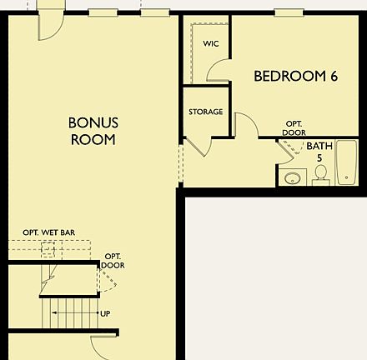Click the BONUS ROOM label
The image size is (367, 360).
tap(92, 131)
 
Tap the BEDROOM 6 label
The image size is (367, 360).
tap(295, 76)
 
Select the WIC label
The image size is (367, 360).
tap(211, 43)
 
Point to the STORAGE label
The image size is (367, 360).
tap(205, 112)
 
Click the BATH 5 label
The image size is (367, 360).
tap(319, 152)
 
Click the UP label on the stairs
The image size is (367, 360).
tap(105, 313)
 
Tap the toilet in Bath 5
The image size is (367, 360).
tap(320, 174)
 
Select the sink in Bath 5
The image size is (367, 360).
tap(293, 177)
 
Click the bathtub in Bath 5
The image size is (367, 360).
tap(346, 164)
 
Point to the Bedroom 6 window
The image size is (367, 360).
tap(288, 12)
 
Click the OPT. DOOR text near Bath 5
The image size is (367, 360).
tap(294, 127)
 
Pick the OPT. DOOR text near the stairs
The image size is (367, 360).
tap(113, 260)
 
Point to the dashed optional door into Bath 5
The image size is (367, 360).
tap(289, 150)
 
